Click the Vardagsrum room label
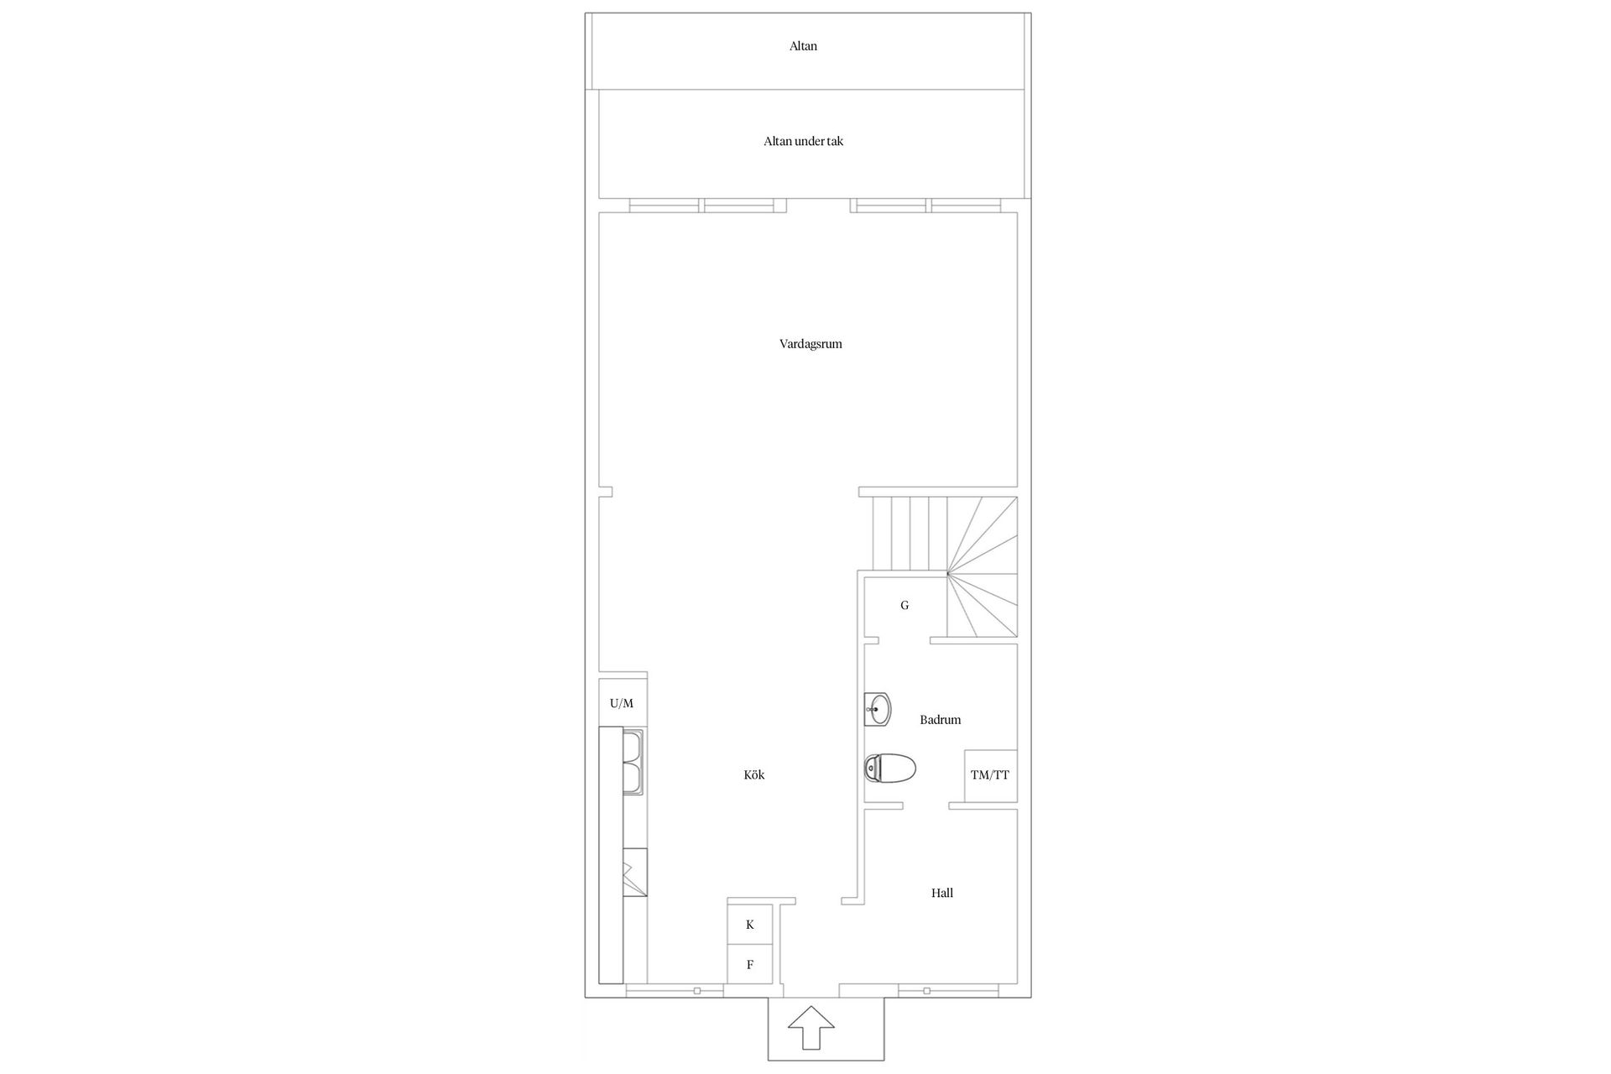[x=811, y=344]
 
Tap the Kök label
[x=753, y=775]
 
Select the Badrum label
[x=940, y=720]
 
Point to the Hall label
[x=941, y=894]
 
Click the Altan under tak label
[x=803, y=142]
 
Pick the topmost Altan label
[x=803, y=47]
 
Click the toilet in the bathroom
[x=890, y=768]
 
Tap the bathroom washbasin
[x=878, y=710]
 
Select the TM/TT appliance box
[x=990, y=775]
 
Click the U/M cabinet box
[x=622, y=703]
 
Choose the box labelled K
[x=750, y=925]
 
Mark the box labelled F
[x=750, y=965]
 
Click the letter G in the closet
[x=905, y=606]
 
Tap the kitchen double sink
[x=633, y=762]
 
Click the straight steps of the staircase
[x=910, y=534]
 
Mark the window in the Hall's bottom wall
[x=926, y=991]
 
